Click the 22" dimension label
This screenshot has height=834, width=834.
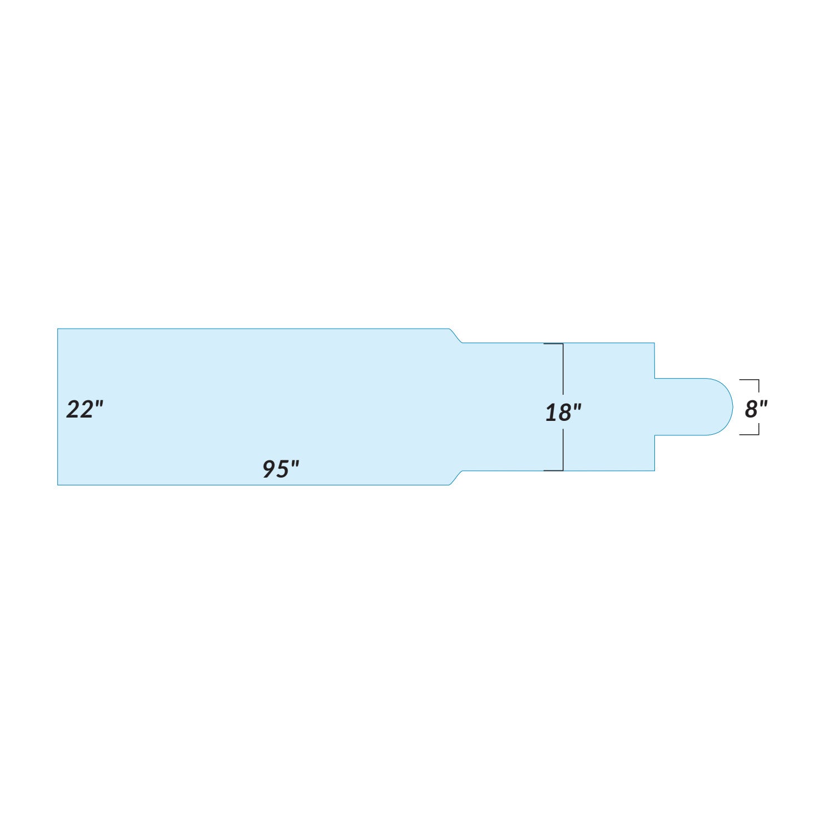point(85,410)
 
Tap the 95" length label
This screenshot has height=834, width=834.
point(281,469)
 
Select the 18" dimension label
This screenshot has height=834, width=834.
point(563,413)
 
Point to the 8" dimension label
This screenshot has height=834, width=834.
point(755,409)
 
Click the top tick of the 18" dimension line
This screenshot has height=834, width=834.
point(554,344)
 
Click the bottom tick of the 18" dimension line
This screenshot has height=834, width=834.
point(554,470)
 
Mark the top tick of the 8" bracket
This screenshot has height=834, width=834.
point(749,380)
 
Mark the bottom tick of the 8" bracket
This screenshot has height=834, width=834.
point(749,434)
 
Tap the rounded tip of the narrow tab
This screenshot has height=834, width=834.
point(732,407)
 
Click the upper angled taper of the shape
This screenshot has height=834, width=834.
point(456,336)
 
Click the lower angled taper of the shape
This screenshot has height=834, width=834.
point(456,478)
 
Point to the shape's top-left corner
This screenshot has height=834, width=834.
point(58,329)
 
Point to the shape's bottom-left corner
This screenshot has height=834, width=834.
point(58,485)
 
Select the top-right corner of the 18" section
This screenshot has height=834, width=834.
point(654,343)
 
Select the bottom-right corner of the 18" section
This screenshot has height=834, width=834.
point(654,471)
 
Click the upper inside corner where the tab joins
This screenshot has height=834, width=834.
point(655,379)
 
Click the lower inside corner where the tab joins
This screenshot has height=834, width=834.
point(655,435)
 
